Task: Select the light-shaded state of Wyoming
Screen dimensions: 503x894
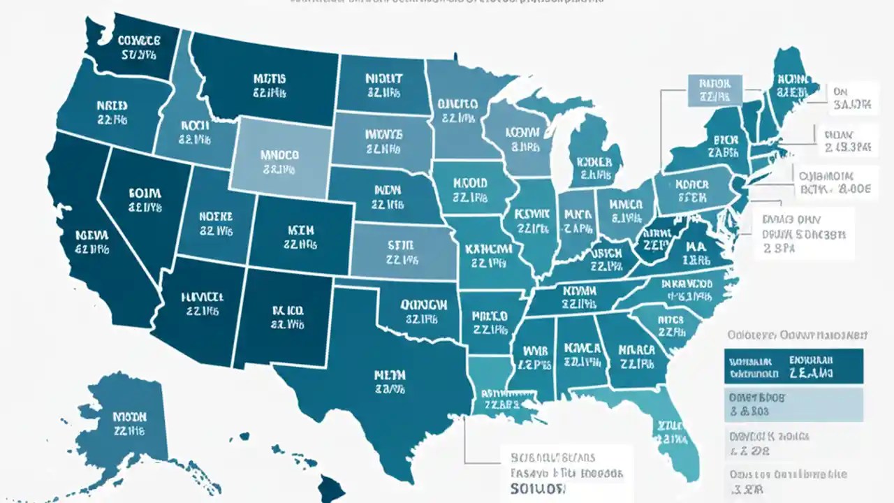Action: pyautogui.click(x=279, y=156)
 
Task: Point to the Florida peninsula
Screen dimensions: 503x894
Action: pyautogui.click(x=674, y=433)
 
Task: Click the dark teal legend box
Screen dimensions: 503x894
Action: pyautogui.click(x=793, y=367)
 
